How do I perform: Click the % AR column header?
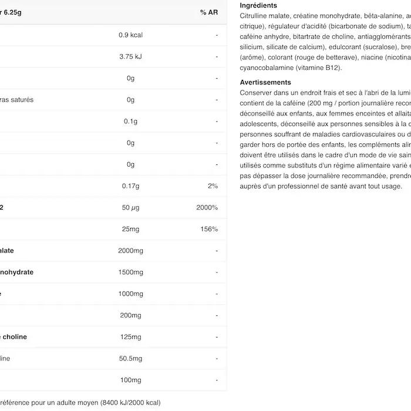[208, 12]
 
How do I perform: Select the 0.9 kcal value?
[130, 35]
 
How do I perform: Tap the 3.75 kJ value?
[130, 57]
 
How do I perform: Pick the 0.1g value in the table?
[130, 122]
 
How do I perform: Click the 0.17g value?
[130, 186]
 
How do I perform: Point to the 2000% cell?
[207, 208]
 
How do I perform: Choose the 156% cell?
[209, 229]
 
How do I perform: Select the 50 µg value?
[130, 208]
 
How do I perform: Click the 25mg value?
[130, 229]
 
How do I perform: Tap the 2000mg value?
[130, 251]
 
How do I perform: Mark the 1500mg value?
[130, 272]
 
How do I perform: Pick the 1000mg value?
[130, 294]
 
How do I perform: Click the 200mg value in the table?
[130, 315]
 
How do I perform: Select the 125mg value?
[130, 337]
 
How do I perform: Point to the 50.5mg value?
[130, 359]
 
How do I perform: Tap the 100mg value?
[130, 380]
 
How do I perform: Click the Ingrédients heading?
[258, 5]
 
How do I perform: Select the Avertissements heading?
[265, 83]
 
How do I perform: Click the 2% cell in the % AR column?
[213, 186]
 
